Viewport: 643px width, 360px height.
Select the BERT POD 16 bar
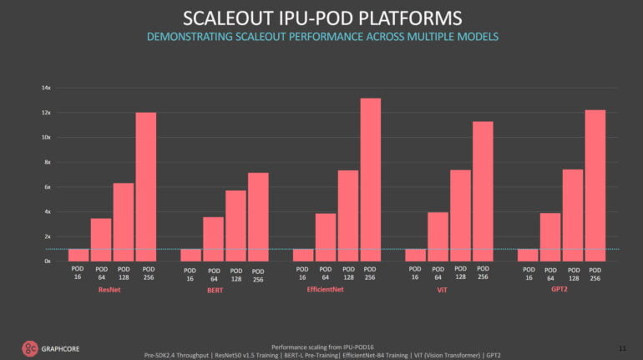coord(190,255)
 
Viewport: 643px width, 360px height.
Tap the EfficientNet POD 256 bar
coord(370,180)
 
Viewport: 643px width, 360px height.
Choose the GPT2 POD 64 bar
coord(550,236)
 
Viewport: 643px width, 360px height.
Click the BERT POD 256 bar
coord(258,216)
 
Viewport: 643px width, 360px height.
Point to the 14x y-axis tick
coord(47,88)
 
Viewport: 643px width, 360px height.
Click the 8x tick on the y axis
coord(48,162)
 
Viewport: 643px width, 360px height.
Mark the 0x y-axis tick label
coord(48,261)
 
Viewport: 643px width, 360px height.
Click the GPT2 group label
coord(561,289)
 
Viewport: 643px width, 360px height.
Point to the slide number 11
coord(621,346)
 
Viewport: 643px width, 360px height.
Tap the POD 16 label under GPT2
coord(528,273)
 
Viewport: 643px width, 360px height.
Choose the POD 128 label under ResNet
coord(124,273)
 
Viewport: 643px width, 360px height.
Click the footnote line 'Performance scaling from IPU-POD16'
coord(321,345)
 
